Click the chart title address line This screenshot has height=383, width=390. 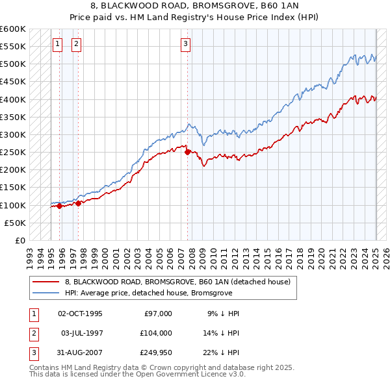coord(195,6)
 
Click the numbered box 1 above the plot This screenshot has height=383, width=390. coord(57,44)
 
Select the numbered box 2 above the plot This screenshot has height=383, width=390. coord(76,44)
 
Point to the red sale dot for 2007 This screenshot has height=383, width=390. coord(188,153)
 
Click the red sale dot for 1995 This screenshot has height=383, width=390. coord(59,206)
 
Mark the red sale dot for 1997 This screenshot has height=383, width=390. coord(78,203)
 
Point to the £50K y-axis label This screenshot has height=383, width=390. coord(16,223)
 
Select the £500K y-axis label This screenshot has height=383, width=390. coord(13,64)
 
